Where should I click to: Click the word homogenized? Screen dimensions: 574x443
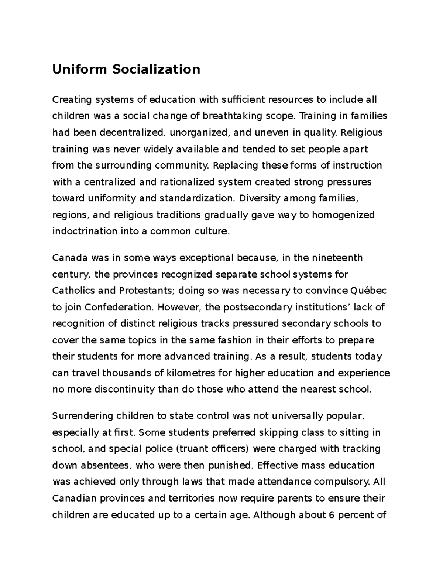pyautogui.click(x=343, y=215)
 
